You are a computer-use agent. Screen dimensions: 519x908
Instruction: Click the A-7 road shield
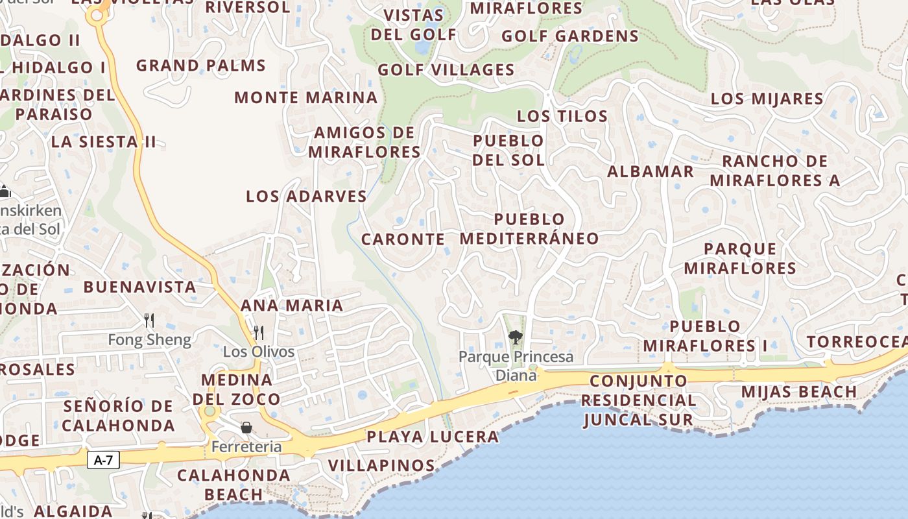[103, 461]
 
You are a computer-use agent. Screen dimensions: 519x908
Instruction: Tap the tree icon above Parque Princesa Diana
[516, 337]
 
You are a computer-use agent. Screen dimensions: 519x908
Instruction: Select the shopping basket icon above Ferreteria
[246, 428]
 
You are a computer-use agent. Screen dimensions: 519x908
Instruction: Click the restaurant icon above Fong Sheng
[149, 320]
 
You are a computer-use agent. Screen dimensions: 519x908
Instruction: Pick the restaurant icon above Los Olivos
[259, 333]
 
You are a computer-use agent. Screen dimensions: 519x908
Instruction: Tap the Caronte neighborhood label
[403, 239]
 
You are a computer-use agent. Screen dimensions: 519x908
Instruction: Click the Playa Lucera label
[433, 437]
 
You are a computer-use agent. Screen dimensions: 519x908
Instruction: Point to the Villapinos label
[381, 466]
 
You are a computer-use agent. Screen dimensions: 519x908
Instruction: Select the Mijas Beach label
[799, 392]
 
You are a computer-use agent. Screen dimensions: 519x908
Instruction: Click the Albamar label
[651, 172]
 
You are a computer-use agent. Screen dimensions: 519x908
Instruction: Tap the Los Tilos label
[562, 117]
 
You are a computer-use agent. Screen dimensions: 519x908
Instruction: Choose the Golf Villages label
[446, 70]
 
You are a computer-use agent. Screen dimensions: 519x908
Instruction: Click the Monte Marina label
[306, 98]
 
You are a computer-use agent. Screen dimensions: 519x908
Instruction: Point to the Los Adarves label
[307, 197]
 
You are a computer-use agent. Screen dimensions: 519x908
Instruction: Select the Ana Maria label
[292, 306]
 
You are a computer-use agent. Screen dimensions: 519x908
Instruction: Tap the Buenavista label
[139, 287]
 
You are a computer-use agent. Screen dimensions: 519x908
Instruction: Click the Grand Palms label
[201, 66]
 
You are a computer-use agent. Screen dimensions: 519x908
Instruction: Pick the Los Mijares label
[767, 99]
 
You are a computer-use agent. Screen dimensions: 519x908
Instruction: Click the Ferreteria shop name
[246, 447]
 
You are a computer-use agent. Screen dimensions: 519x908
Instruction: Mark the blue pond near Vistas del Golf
[422, 47]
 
